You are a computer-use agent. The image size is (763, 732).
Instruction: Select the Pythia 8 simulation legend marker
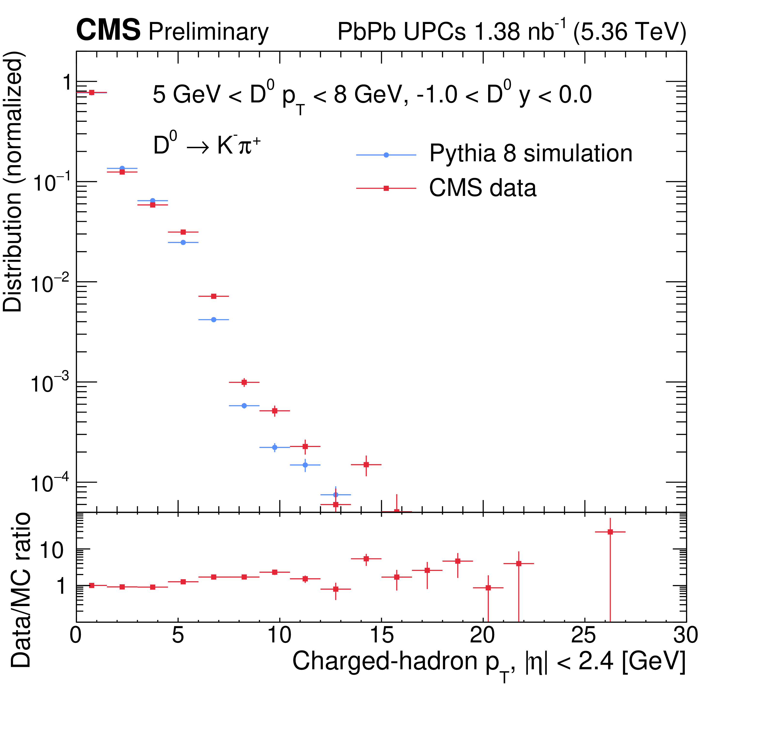point(386,155)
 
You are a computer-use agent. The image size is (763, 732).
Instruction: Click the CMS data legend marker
point(386,188)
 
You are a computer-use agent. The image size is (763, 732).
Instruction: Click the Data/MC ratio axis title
point(20,590)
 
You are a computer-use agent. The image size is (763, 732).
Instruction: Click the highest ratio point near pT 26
point(610,532)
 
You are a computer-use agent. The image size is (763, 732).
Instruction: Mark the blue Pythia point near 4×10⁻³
point(213,320)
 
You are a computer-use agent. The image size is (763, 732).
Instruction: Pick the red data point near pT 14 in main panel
point(366,464)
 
